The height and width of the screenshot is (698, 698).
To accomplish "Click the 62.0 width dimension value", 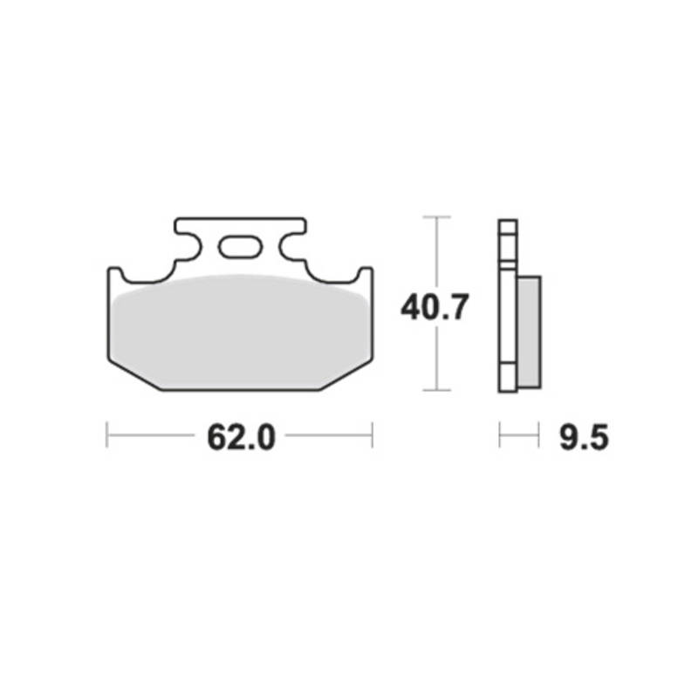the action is pyautogui.click(x=241, y=438).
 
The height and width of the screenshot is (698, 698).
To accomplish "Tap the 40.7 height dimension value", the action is pyautogui.click(x=435, y=307).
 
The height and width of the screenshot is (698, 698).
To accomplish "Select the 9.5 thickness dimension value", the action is pyautogui.click(x=584, y=438).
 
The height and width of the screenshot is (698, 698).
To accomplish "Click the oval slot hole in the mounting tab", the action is pyautogui.click(x=240, y=247).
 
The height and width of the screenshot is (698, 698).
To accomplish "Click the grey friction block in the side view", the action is pyautogui.click(x=530, y=332).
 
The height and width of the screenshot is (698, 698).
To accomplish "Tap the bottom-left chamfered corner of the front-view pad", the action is pyautogui.click(x=133, y=376).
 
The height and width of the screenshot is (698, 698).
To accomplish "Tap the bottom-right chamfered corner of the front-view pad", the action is pyautogui.click(x=346, y=376).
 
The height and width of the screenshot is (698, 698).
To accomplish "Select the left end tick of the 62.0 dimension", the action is pyautogui.click(x=106, y=435).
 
